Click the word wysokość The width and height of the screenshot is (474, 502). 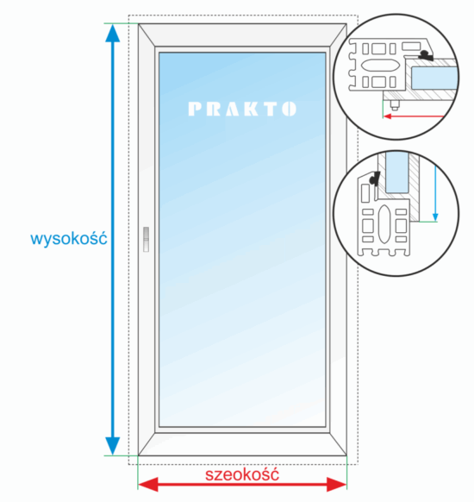tap(69, 239)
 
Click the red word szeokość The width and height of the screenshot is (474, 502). tap(242, 474)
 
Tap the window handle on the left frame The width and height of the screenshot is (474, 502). tap(146, 239)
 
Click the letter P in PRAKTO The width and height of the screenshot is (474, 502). tap(195, 110)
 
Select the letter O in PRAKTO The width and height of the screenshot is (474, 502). tap(289, 110)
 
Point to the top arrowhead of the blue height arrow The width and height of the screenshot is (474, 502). tap(113, 34)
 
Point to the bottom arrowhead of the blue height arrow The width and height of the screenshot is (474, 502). tap(113, 446)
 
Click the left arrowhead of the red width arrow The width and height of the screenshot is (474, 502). tap(148, 484)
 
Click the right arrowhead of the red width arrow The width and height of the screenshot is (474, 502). tap(337, 484)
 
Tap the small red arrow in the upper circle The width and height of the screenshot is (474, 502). tap(414, 116)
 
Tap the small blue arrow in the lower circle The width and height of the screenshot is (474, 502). tap(435, 193)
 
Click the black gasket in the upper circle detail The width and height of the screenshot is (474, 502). tap(427, 55)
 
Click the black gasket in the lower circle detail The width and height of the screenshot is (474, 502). tap(374, 179)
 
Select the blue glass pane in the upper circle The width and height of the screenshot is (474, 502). tap(433, 78)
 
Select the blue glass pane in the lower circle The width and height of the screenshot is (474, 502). tap(397, 173)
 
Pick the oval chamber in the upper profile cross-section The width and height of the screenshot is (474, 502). tap(380, 66)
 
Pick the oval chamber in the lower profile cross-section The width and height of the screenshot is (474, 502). tap(384, 223)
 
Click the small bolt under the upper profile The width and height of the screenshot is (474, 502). tap(395, 105)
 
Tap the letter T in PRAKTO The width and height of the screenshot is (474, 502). tap(270, 110)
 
